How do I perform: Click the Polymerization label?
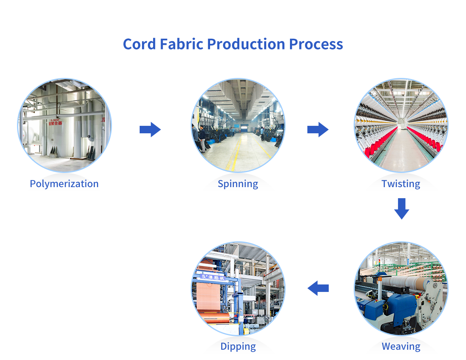click(x=64, y=184)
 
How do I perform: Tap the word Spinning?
click(x=238, y=184)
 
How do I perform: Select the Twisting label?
click(x=401, y=184)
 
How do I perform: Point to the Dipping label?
click(x=238, y=347)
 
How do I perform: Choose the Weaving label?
click(x=401, y=347)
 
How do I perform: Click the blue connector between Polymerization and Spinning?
click(x=150, y=129)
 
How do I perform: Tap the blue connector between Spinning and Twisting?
click(x=318, y=129)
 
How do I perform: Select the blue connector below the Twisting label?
click(x=402, y=210)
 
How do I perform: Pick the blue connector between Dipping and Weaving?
click(x=318, y=288)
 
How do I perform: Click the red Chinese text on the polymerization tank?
click(x=55, y=122)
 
